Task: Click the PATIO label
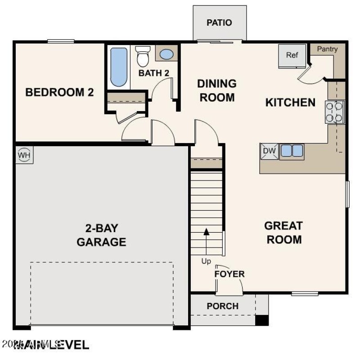point(220,22)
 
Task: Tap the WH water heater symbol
point(24,155)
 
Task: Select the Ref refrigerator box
point(292,56)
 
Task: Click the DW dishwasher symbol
point(269,151)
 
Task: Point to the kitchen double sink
point(292,151)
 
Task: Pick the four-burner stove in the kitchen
point(335,112)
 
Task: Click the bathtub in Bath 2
point(119,67)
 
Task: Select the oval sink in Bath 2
point(166,54)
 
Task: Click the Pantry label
point(327,49)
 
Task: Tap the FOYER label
point(229,274)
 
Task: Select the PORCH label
point(222,306)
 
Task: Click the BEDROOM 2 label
point(59,93)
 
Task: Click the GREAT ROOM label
point(283,232)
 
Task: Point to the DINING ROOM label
point(217,90)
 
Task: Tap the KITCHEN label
point(290,103)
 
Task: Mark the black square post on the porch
point(262,320)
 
